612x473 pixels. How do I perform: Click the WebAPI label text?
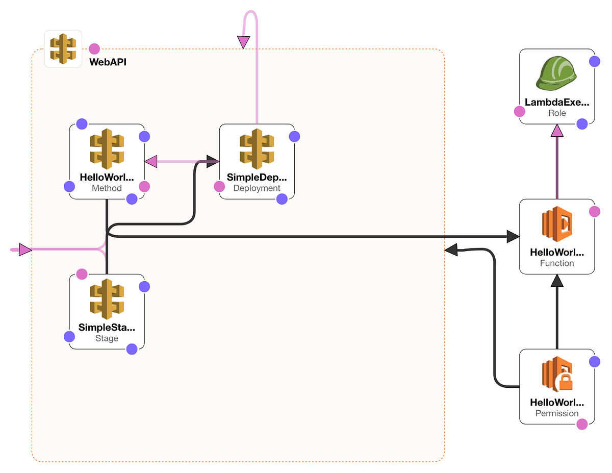108,62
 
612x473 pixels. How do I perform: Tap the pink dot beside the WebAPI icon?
94,49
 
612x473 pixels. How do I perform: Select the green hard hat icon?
556,73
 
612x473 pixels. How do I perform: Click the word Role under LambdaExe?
557,113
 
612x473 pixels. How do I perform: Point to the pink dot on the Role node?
519,111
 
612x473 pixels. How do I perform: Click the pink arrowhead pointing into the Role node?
557,131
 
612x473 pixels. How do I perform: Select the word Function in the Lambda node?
557,263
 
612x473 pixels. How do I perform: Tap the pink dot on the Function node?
594,211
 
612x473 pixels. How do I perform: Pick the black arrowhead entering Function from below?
557,280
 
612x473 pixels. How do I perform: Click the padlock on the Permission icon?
564,382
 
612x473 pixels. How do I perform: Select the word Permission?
557,413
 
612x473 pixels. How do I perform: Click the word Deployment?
257,188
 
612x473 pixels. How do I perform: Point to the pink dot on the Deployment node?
219,187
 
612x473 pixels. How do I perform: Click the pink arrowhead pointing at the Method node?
151,162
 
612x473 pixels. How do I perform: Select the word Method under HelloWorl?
107,188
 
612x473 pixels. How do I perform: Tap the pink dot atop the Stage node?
82,274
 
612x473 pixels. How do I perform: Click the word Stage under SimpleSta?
107,338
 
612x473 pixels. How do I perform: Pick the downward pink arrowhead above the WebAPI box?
244,42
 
